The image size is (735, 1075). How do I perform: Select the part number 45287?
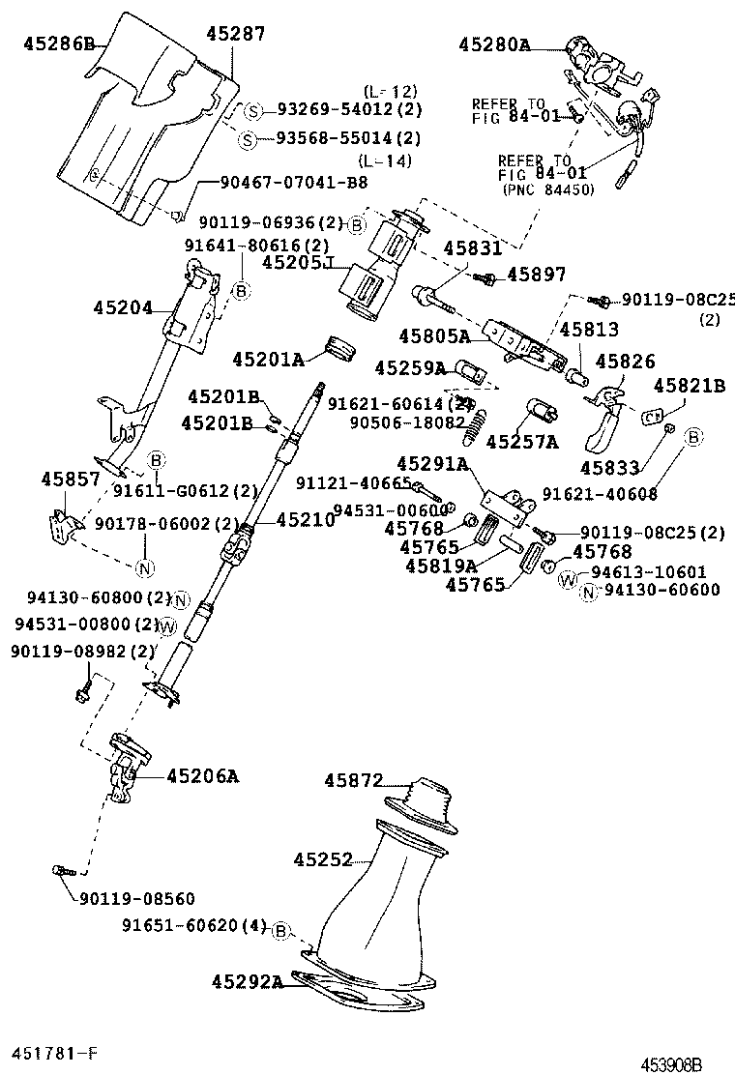coord(235,34)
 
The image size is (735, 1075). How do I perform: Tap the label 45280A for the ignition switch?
coord(494,44)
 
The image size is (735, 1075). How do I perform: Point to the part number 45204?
coord(123,308)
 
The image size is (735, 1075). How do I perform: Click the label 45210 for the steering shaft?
coord(306,520)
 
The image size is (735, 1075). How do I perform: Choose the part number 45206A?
coord(202,775)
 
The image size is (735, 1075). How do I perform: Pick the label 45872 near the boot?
coord(354,779)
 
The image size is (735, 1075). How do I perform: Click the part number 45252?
coord(323,858)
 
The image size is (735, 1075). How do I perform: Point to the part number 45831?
coord(473,247)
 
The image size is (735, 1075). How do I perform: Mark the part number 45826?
coord(625,361)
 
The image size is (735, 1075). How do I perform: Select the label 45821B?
coord(689,386)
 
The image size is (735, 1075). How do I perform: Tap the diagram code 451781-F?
coord(54,1051)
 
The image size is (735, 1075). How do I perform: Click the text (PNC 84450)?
coord(547,190)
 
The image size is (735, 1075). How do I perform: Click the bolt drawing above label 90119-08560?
coord(61,870)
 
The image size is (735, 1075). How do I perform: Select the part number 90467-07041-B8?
coord(280,182)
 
